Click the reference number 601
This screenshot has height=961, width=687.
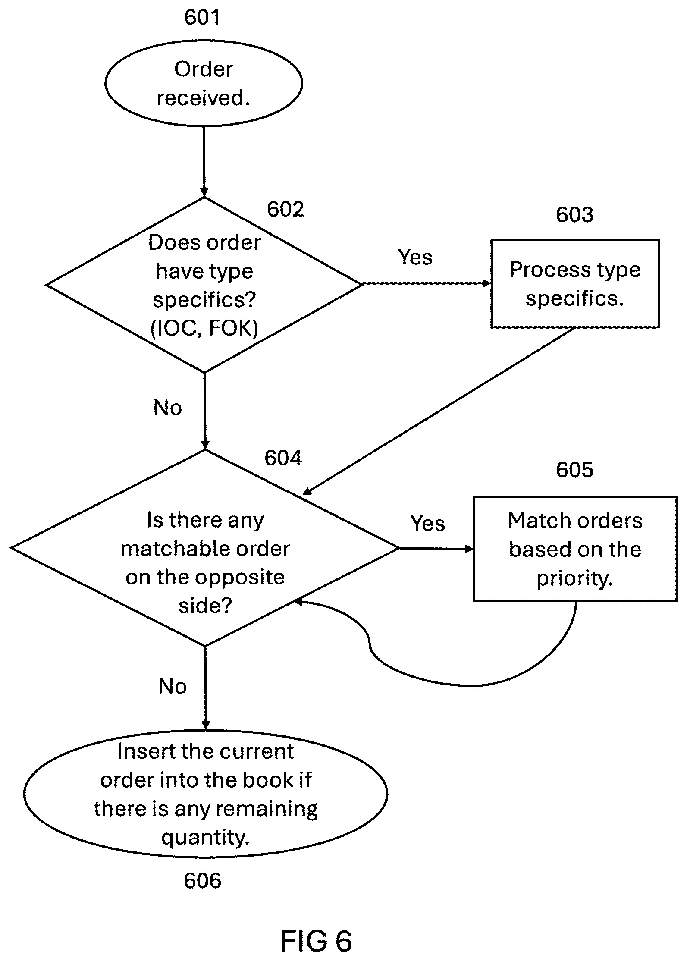[202, 17]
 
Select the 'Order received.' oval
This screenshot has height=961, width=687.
[204, 83]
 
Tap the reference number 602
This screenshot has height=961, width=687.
[285, 209]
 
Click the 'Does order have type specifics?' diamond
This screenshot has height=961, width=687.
[204, 285]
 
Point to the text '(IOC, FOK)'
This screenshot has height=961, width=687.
[204, 328]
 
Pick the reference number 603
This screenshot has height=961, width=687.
[574, 214]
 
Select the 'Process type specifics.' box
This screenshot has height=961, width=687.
[575, 283]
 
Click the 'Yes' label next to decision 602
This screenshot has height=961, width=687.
[415, 257]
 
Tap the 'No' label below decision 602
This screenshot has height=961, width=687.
[168, 408]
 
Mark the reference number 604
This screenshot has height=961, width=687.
[283, 458]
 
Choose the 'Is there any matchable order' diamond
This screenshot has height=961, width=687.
[205, 548]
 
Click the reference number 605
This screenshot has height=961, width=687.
[574, 469]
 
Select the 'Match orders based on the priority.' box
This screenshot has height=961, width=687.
[575, 549]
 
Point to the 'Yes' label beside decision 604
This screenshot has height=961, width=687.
[428, 524]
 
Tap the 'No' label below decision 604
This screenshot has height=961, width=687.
[173, 686]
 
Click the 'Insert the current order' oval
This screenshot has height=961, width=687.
[206, 794]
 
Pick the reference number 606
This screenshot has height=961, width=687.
[202, 880]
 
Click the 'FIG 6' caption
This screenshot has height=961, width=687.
[316, 941]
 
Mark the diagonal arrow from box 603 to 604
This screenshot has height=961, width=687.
[439, 411]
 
